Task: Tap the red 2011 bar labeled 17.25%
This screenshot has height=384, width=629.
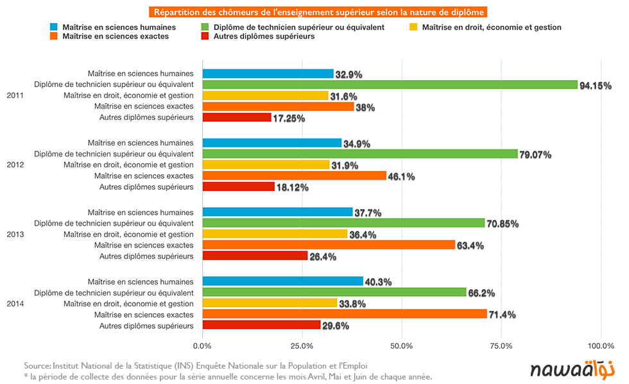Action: pyautogui.click(x=237, y=117)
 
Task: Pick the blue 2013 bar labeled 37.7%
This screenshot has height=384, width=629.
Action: pyautogui.click(x=277, y=212)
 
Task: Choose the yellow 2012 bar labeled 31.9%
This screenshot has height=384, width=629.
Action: pyautogui.click(x=266, y=165)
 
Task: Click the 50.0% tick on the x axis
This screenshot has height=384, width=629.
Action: pyautogui.click(x=402, y=346)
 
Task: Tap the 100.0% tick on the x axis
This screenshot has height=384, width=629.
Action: pyautogui.click(x=601, y=346)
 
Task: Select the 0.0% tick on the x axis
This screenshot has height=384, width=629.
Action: pyautogui.click(x=203, y=346)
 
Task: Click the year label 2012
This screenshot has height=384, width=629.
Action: pyautogui.click(x=15, y=165)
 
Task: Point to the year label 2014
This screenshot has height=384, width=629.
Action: pyautogui.click(x=15, y=303)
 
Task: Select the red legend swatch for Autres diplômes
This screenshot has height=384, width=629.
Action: pyautogui.click(x=206, y=37)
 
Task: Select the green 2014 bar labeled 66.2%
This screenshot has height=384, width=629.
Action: pyautogui.click(x=334, y=292)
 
